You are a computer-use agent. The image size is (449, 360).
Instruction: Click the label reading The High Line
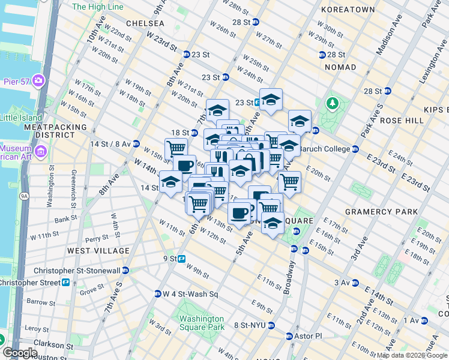click(97, 7)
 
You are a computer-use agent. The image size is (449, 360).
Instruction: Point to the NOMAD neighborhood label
click(340, 67)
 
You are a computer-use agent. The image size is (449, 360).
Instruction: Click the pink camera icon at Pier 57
click(38, 80)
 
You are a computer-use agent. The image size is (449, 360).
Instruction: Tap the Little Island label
click(21, 118)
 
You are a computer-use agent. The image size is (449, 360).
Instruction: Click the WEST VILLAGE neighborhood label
click(98, 250)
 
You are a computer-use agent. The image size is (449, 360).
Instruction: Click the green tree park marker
click(331, 104)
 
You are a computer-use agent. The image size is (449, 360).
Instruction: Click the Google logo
click(20, 352)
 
